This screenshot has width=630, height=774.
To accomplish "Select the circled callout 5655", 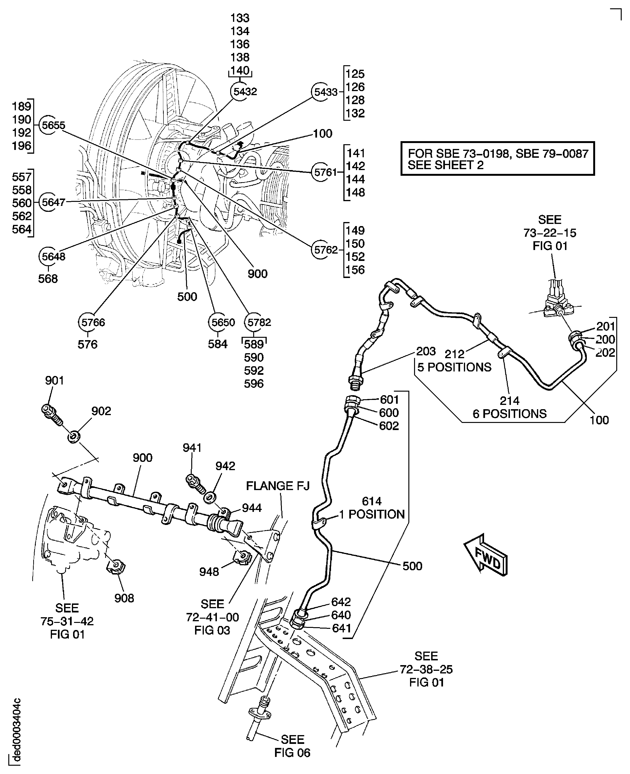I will coord(49,125).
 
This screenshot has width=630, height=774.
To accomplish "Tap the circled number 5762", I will coord(320,250).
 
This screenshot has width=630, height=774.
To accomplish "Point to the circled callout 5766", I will coord(88,322).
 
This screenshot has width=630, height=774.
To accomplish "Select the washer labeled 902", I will coord(74,436).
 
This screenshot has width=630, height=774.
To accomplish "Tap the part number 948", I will coord(209,572).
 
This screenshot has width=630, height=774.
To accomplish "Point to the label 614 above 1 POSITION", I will coord(372,501).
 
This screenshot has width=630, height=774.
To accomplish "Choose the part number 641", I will coord(341,628).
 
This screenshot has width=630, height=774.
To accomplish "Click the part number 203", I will coord(426,351).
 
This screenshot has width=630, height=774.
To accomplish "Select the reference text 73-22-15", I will coord(549,233).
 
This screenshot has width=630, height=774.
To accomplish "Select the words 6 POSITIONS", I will coord(509,414).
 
